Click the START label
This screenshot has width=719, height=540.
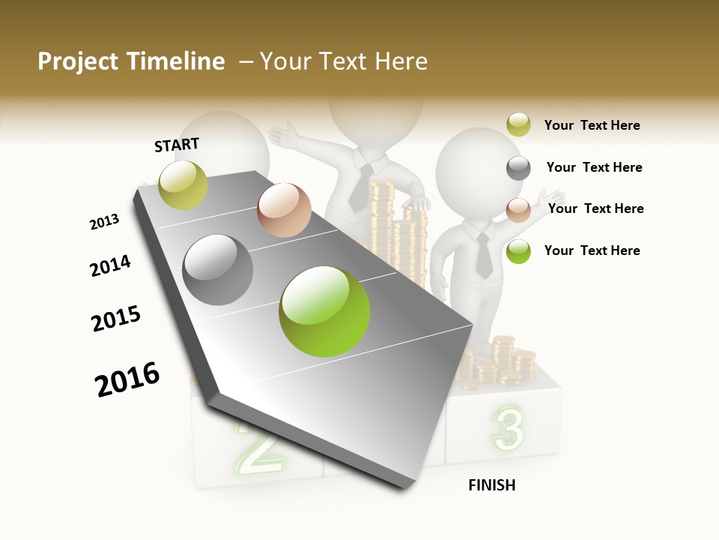(177, 145)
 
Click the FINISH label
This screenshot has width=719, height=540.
(491, 485)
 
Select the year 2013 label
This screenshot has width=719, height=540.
(104, 222)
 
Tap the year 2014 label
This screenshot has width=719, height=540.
(110, 265)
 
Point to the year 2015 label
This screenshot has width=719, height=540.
(116, 319)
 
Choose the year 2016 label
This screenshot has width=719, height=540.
(127, 379)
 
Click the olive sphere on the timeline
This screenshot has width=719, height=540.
(183, 184)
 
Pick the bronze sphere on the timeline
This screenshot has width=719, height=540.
(284, 210)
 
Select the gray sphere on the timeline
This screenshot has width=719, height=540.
(218, 270)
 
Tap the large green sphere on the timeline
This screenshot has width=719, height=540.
(324, 311)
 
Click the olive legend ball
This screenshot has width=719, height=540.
(518, 125)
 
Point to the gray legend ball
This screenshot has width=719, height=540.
(518, 168)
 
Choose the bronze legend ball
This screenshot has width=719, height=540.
(518, 209)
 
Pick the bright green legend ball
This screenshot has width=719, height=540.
(518, 251)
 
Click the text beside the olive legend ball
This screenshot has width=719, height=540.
(592, 125)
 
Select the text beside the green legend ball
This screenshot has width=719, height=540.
(592, 250)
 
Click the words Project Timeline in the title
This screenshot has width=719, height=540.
(131, 61)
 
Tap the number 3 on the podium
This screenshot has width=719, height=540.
(508, 430)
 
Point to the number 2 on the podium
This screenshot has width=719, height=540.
(258, 448)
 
